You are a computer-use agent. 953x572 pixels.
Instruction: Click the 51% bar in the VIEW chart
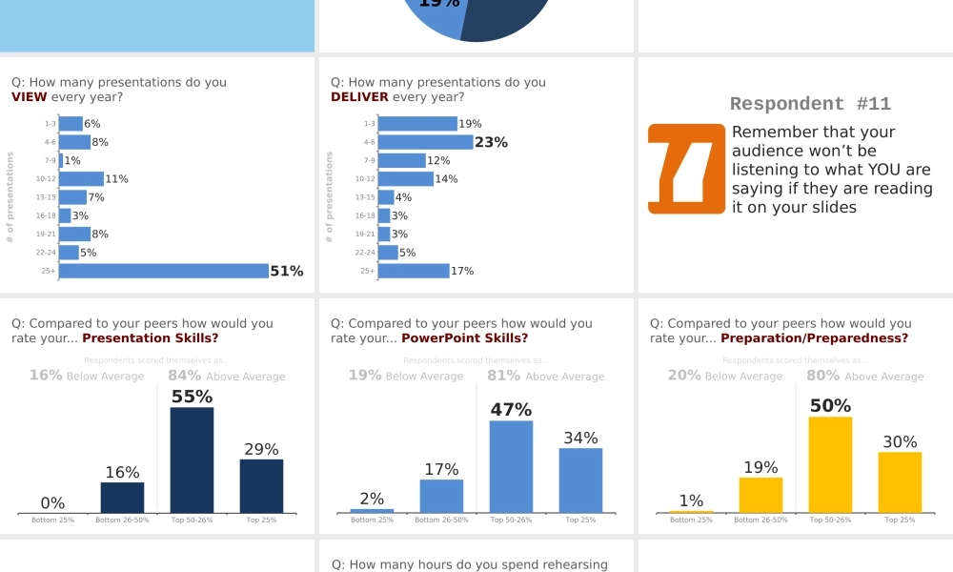[164, 271]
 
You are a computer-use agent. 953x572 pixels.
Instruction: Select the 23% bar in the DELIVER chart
[426, 142]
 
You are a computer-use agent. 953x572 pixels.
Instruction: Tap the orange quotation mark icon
[686, 169]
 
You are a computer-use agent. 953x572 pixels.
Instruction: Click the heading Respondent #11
[810, 105]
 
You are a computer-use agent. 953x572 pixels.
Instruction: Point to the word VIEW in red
[30, 97]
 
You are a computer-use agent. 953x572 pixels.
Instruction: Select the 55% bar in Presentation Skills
[192, 460]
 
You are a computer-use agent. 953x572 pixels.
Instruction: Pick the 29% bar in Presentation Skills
[261, 486]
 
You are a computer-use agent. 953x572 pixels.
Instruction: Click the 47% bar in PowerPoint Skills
[511, 466]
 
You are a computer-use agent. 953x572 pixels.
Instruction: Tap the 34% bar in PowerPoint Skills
[580, 480]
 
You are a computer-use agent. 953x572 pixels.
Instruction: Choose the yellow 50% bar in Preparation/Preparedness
[830, 464]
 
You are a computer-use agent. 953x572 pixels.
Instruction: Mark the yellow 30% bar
[900, 482]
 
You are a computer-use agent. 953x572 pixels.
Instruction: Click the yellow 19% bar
[760, 495]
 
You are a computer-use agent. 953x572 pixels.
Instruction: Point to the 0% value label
[52, 503]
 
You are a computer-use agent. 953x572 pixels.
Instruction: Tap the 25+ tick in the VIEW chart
[49, 272]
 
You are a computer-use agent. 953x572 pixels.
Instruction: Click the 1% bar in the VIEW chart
[61, 160]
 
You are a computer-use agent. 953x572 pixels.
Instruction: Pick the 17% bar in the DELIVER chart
[414, 271]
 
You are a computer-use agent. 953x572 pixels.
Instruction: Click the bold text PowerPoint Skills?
[464, 338]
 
